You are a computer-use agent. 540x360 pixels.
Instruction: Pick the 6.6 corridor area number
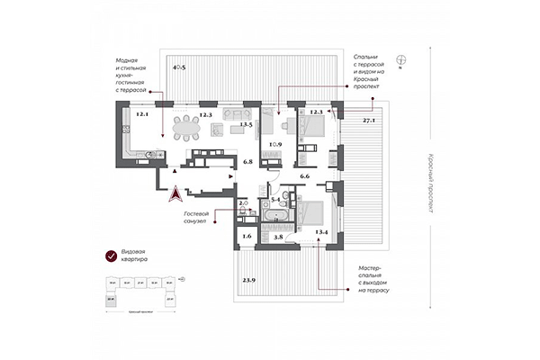pos(304,177)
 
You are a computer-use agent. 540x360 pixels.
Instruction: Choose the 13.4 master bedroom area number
pos(321,233)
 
